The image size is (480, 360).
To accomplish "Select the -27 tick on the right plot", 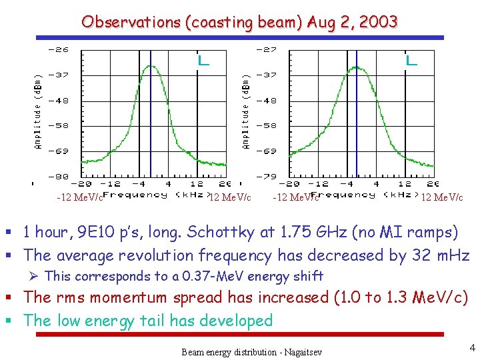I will tap(267, 49).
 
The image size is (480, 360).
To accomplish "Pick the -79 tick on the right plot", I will tap(267, 176).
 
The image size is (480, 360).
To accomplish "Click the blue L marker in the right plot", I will tap(411, 60).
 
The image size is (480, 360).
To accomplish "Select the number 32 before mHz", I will tap(423, 255).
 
